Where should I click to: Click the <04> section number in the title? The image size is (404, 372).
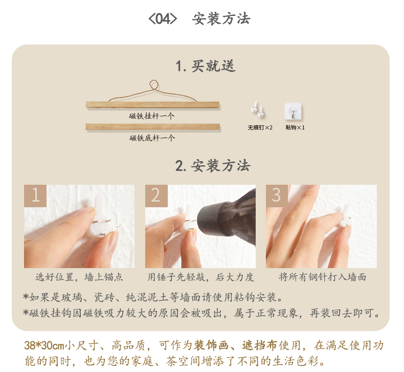coord(163,19)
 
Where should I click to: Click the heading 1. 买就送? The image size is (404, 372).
coord(206,66)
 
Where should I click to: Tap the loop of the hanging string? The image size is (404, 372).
coord(154,85)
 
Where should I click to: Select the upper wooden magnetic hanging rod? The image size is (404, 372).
coord(152,105)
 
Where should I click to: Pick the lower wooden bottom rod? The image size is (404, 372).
coord(153,126)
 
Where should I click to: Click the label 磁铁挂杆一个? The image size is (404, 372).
coord(152,116)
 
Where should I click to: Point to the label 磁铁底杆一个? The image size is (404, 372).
coord(152,138)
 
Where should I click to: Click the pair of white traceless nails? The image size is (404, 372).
coord(258,110)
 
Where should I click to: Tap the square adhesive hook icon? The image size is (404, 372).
coord(293,111)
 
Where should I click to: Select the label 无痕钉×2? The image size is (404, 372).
coord(260,127)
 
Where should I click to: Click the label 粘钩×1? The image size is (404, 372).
coord(295,127)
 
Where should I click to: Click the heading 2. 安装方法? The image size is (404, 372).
coord(213,165)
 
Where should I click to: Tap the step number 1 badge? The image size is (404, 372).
coord(35,195)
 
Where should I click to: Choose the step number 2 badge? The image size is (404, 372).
coord(156,195)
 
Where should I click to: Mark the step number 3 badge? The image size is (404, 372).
coord(277,195)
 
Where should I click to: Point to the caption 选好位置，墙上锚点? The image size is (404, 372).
coord(79,277)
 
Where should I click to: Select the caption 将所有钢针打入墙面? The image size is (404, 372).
coord(322,277)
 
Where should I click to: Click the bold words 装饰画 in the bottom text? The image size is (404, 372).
coord(211,345)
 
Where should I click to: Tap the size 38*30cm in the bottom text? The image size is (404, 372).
coord(44,345)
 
